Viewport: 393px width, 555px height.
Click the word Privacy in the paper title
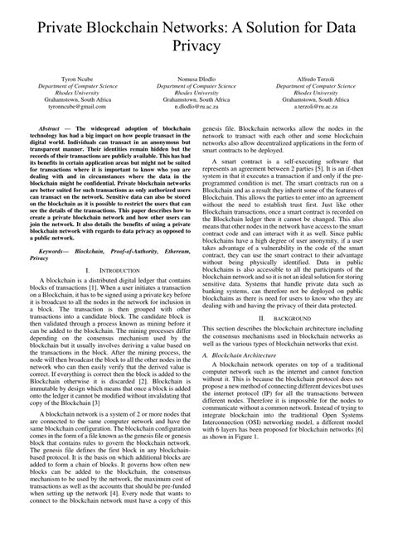click(x=196, y=47)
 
